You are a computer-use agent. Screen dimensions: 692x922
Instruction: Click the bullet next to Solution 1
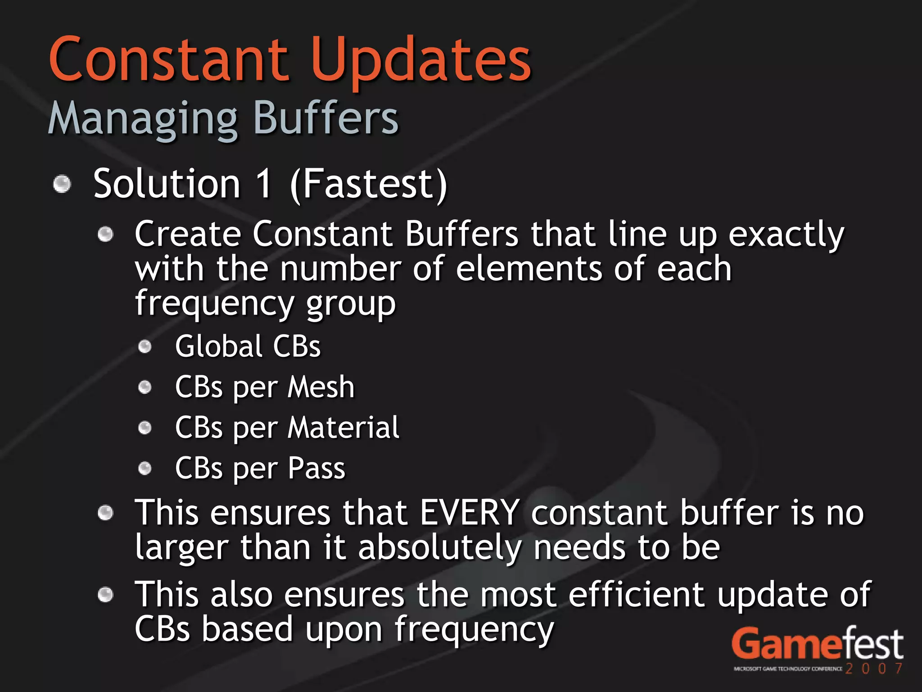pyautogui.click(x=62, y=184)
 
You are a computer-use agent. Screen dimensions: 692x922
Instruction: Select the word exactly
pyautogui.click(x=786, y=235)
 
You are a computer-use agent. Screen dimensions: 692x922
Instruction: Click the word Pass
pyautogui.click(x=316, y=468)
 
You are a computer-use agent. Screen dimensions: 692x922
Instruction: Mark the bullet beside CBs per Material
pyautogui.click(x=145, y=428)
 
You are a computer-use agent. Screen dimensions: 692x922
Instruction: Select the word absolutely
pyautogui.click(x=440, y=548)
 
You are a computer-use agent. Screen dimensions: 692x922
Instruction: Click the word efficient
pyautogui.click(x=636, y=594)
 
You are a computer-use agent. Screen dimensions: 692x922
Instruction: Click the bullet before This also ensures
pyautogui.click(x=105, y=594)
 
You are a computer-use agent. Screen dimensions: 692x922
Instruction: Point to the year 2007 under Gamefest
pyautogui.click(x=874, y=668)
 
